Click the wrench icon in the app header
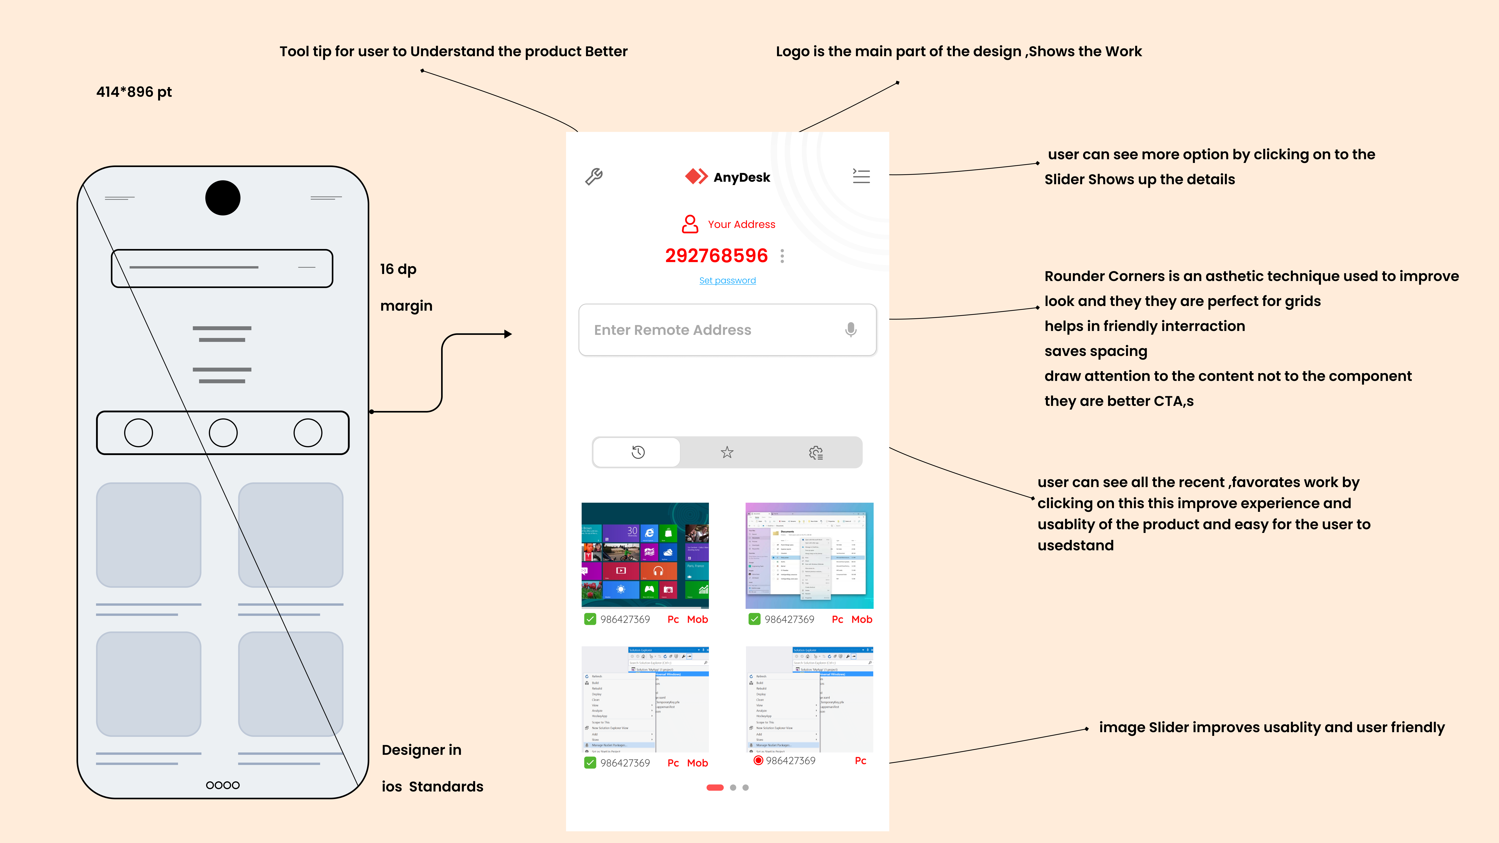(594, 176)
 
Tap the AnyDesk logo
(727, 177)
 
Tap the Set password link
(727, 280)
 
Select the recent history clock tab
(638, 452)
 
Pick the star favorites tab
(727, 452)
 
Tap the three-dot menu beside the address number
(782, 256)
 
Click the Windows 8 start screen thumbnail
(645, 555)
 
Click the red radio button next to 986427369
(758, 760)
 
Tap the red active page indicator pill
(715, 788)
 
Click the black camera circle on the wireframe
(223, 198)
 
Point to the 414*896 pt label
(134, 92)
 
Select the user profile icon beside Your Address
(690, 224)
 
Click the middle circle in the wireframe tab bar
(223, 433)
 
